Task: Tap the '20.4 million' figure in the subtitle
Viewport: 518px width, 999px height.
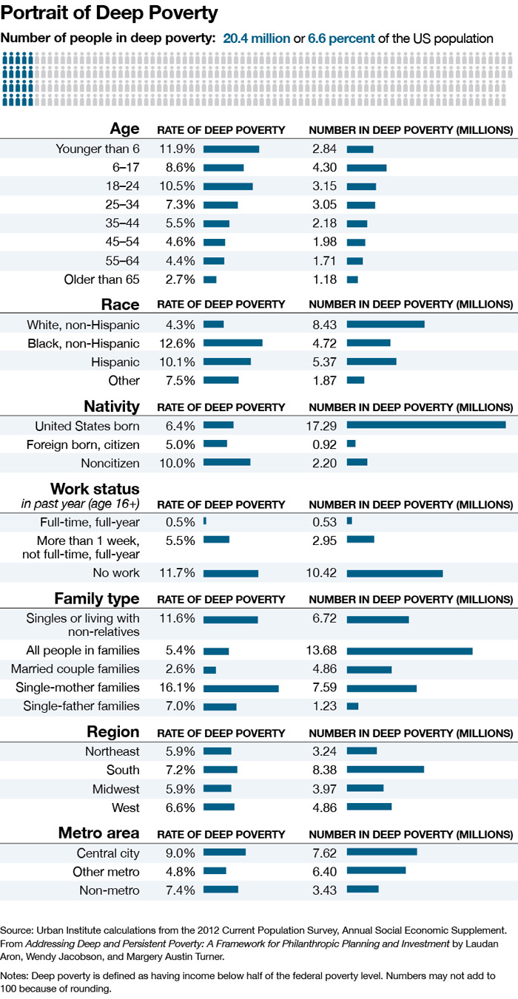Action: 257,38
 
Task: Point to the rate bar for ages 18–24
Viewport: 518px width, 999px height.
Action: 228,186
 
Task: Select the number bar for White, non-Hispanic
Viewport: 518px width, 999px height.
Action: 386,325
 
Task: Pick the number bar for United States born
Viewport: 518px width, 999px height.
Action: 426,425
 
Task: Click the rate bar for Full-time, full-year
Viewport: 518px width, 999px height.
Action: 205,521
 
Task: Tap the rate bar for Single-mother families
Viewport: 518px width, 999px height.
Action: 241,688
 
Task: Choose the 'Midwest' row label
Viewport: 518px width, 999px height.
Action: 115,789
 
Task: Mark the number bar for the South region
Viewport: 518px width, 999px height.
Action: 385,770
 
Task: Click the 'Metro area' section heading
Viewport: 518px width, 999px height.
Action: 99,833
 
